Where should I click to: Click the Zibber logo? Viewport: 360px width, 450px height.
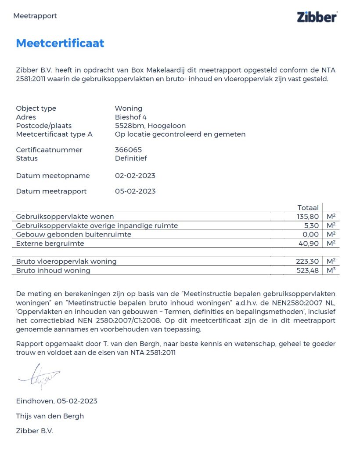[317, 17]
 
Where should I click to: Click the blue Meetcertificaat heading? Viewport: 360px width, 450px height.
[60, 43]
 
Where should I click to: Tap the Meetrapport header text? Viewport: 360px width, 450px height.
[35, 16]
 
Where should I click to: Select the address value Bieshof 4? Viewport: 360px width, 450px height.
[131, 117]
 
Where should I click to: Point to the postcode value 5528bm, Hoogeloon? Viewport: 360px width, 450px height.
[150, 126]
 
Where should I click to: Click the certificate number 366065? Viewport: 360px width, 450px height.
[128, 150]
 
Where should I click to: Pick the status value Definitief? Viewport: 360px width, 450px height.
[131, 158]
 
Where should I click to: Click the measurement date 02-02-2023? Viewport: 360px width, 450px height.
[135, 176]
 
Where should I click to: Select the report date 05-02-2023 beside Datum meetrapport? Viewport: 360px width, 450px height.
[135, 191]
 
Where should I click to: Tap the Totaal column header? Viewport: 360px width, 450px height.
[308, 208]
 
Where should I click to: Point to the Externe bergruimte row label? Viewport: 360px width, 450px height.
[50, 243]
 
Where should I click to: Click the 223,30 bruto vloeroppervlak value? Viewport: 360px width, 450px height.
[307, 261]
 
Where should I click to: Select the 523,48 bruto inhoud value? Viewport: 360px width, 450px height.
[307, 270]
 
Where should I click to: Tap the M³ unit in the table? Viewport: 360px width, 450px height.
[331, 270]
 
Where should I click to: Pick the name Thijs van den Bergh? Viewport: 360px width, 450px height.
[50, 416]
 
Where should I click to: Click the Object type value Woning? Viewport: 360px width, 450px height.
[129, 109]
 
